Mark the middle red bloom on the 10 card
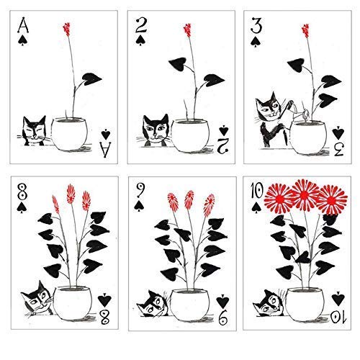(x=297, y=195)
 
